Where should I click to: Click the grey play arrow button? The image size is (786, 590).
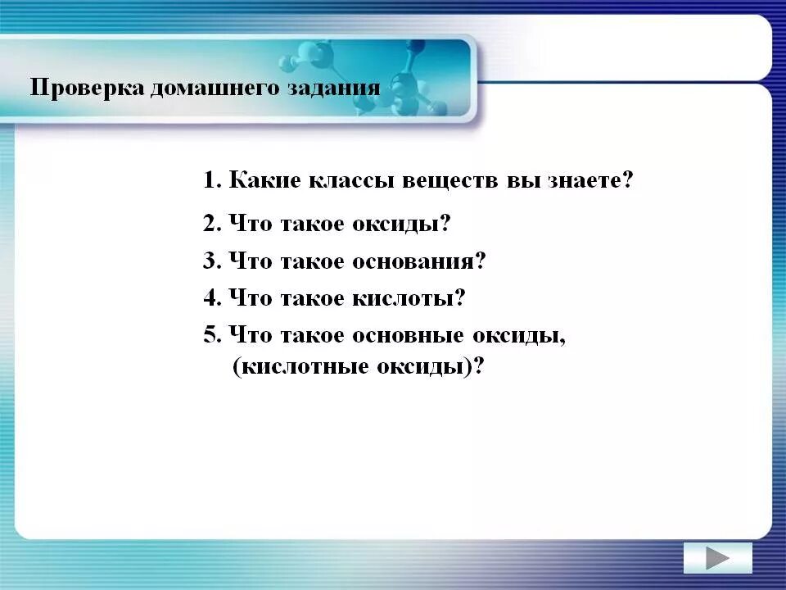coord(717,558)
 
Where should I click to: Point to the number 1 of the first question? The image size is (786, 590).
coord(210,180)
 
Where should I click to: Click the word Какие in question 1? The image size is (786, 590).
coord(266,180)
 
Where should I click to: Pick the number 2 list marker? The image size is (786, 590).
coord(210,223)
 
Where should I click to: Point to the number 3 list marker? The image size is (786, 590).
coord(210,261)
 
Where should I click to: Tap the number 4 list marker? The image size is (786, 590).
coord(210,298)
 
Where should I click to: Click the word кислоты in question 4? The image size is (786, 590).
coord(403,298)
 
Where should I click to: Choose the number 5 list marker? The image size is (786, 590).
coord(210,335)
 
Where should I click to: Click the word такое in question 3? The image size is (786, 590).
coord(314,261)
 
